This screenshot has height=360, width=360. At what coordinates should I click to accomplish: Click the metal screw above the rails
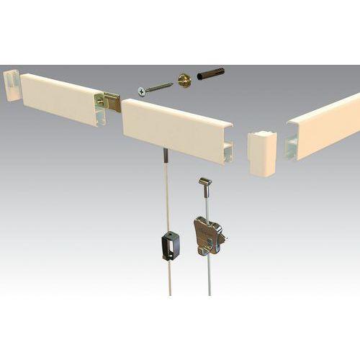coord(154,88)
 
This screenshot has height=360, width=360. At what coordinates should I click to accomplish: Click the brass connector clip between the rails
coord(111,102)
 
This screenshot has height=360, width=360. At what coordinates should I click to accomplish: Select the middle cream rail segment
coord(173,127)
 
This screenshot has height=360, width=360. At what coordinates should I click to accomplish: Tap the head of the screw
coord(141,91)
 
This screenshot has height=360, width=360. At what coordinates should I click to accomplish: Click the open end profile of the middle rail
coord(227,150)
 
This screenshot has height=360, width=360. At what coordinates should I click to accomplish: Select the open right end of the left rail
coord(100,111)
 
